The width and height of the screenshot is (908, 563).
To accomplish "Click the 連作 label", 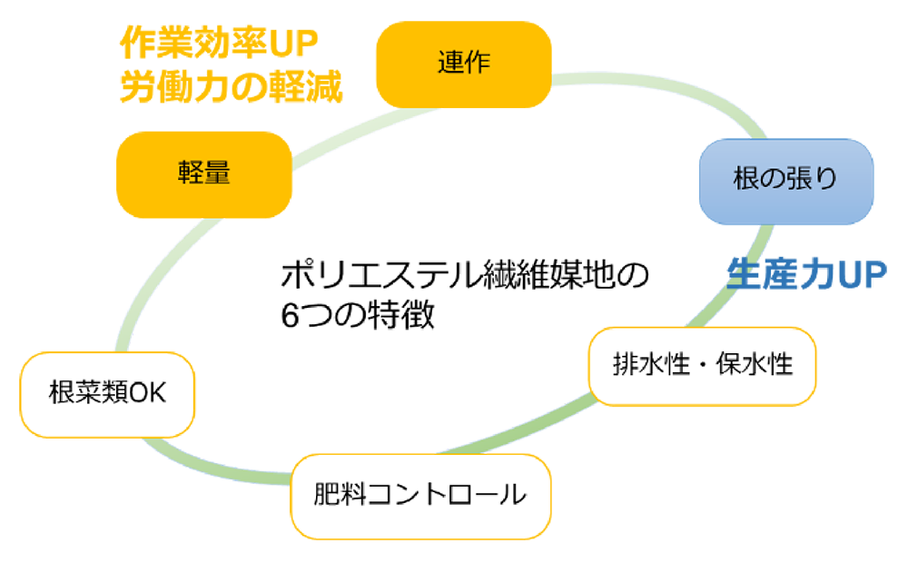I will pos(463,63).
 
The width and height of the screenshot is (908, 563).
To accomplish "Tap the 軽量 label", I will pos(204,173).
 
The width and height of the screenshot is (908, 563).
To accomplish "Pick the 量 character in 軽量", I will pos(218,173).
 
